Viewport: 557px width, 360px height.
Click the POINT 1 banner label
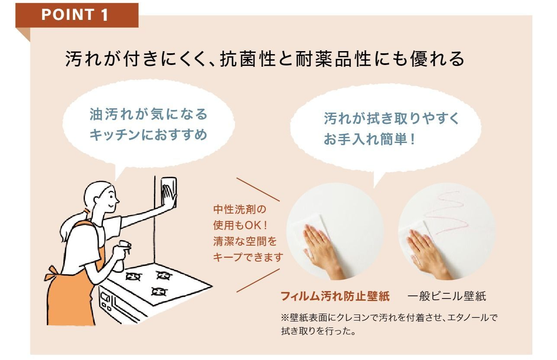click(75, 15)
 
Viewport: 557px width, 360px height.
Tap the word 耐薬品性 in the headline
click(333, 59)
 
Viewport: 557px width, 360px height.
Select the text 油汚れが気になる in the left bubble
click(148, 114)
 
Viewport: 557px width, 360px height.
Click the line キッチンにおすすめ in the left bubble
click(148, 135)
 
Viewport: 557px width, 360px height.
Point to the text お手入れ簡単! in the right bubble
click(369, 139)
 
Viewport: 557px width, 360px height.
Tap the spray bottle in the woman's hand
click(122, 256)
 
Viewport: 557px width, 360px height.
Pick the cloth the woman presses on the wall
click(169, 192)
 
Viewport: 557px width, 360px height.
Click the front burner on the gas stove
click(159, 292)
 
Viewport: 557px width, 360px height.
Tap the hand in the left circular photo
click(324, 251)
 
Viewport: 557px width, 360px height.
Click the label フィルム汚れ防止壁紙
click(335, 296)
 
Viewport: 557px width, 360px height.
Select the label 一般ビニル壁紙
click(446, 296)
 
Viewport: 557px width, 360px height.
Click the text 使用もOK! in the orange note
click(240, 226)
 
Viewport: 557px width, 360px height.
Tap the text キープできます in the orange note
click(248, 257)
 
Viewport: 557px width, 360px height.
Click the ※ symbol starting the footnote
click(285, 318)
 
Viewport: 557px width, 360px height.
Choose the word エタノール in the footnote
click(468, 318)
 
